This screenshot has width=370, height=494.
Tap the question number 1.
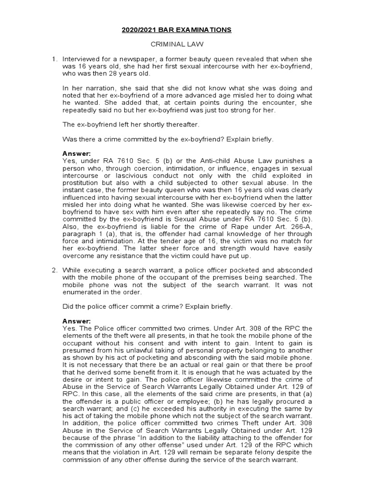click(54, 59)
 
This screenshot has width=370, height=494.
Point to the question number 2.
click(54, 269)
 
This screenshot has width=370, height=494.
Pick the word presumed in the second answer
click(79, 350)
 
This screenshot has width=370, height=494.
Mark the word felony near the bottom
click(263, 452)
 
